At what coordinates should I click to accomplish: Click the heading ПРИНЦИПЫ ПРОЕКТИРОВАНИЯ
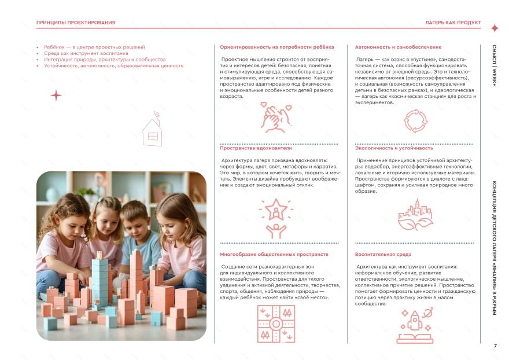(x=75, y=23)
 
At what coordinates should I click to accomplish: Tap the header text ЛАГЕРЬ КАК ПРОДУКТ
(x=453, y=23)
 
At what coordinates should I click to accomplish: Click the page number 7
(x=495, y=346)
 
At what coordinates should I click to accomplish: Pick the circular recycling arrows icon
(x=414, y=122)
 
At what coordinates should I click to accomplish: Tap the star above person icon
(x=275, y=218)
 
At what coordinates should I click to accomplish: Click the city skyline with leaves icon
(x=414, y=215)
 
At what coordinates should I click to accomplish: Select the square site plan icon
(x=275, y=324)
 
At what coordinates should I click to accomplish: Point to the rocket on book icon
(x=414, y=325)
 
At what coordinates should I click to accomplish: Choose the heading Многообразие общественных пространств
(x=274, y=254)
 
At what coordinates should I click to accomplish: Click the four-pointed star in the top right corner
(x=495, y=28)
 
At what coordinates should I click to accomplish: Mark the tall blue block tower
(x=100, y=281)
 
